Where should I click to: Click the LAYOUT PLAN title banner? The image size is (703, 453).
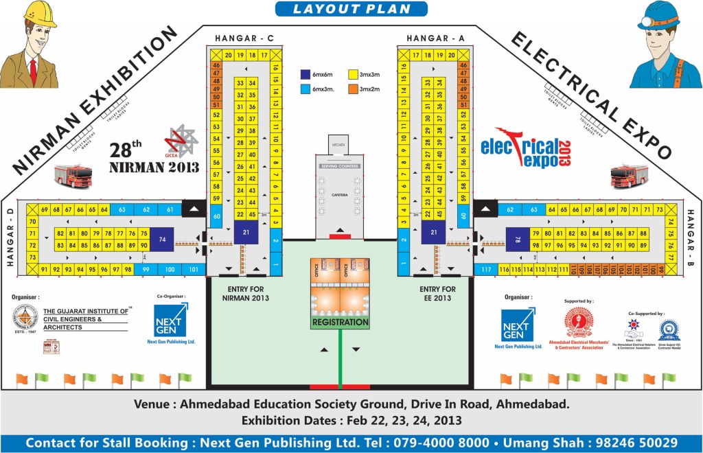coord(351,9)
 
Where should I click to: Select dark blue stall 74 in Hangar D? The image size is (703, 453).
coord(162,239)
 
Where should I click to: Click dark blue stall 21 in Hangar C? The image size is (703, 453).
coord(245,233)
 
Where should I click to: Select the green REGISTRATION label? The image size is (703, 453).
coord(341,322)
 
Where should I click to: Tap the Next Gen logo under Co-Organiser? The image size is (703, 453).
coord(171,319)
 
